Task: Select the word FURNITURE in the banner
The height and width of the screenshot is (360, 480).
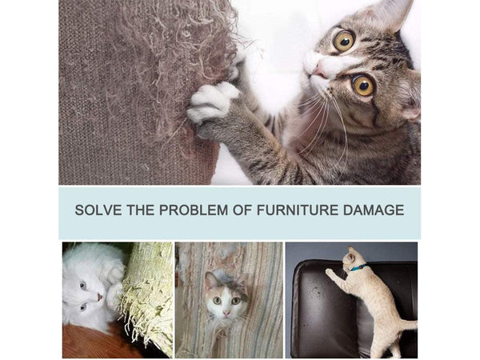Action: (298, 210)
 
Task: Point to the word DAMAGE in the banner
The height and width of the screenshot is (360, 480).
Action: (374, 210)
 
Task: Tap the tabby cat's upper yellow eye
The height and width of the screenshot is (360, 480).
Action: (344, 41)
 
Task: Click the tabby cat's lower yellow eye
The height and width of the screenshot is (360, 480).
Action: (363, 86)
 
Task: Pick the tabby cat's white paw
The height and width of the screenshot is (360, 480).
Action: (211, 102)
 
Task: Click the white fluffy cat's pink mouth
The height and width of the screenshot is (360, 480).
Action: (99, 297)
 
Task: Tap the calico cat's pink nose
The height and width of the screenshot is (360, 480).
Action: (226, 313)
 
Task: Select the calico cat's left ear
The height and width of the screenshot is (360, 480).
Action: (210, 280)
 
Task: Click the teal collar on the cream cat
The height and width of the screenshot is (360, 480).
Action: (358, 267)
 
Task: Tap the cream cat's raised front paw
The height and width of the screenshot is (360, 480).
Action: (329, 272)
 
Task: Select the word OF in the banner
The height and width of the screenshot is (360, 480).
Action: (242, 210)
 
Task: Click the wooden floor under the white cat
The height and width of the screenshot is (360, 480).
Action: (92, 343)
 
